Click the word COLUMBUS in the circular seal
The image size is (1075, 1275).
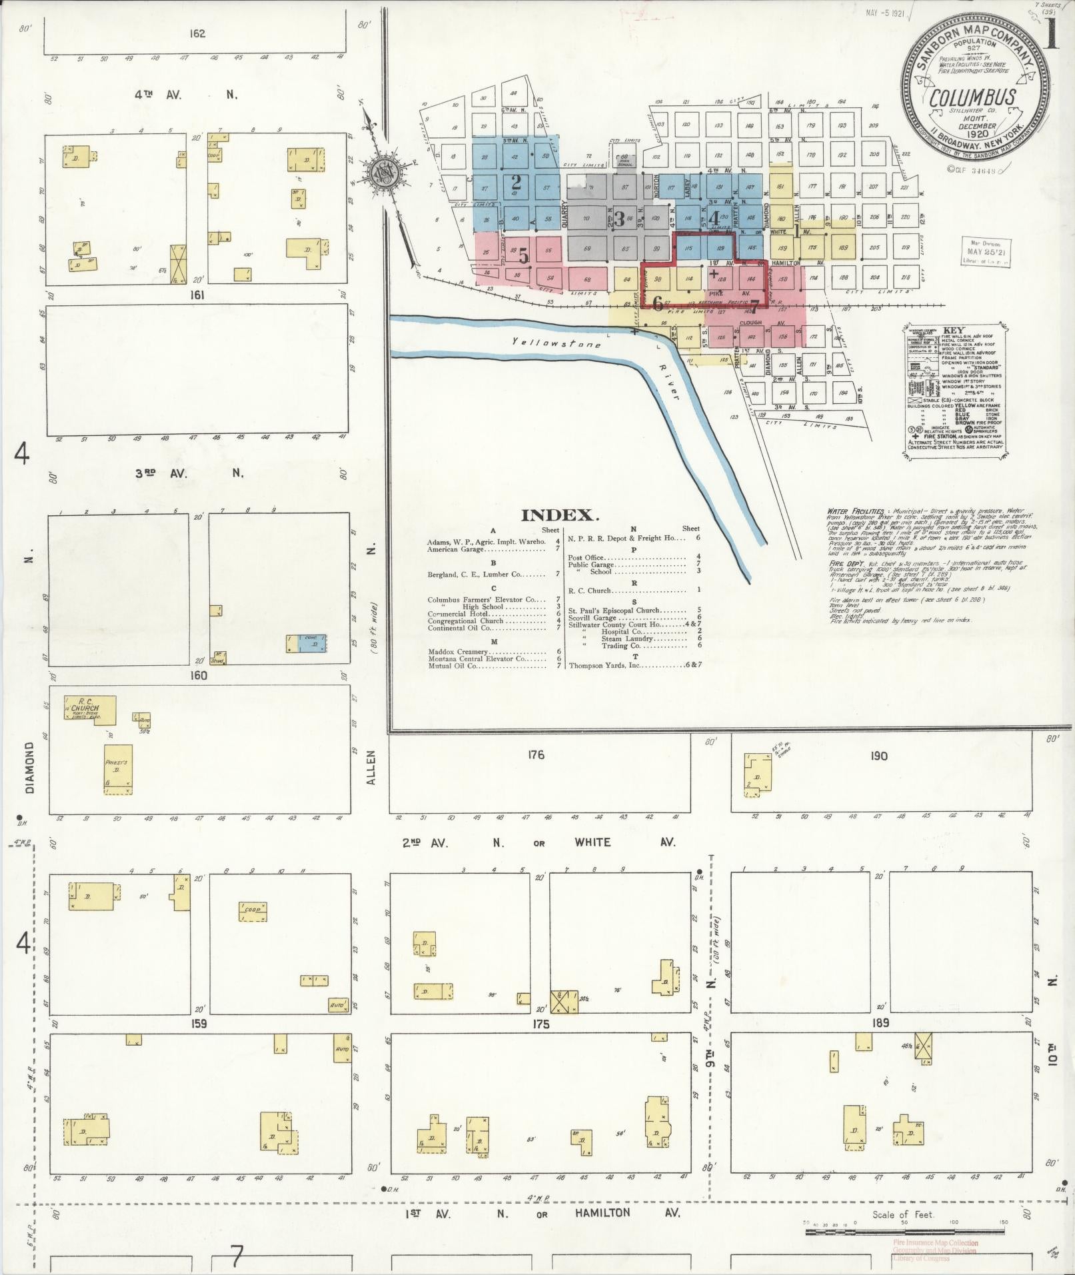click(972, 97)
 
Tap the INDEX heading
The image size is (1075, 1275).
click(560, 515)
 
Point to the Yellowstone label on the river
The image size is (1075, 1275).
click(556, 343)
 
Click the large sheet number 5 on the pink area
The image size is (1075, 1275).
click(523, 255)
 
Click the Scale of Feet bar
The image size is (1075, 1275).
click(904, 1232)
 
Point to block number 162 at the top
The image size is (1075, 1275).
click(197, 33)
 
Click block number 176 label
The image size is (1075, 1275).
click(535, 754)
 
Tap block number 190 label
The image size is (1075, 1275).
click(878, 755)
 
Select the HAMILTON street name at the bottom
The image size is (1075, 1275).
click(602, 1212)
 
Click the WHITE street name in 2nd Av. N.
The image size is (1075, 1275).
click(592, 842)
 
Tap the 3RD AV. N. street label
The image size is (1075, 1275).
click(189, 473)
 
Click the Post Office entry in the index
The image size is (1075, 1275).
click(586, 557)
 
